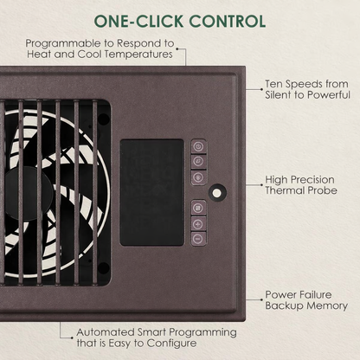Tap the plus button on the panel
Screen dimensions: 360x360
(199, 222)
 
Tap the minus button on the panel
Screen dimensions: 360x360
(199, 237)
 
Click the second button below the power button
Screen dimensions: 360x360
(199, 177)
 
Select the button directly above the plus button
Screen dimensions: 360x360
(199, 207)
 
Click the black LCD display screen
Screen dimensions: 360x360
(151, 191)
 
